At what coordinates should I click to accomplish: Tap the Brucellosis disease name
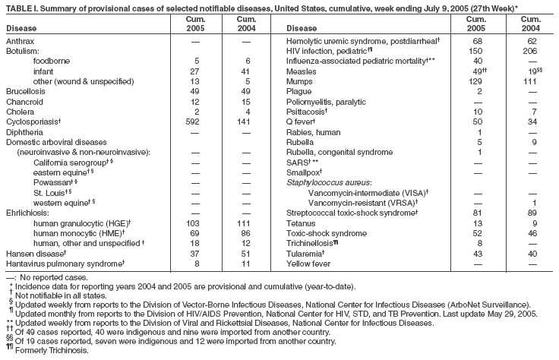pyautogui.click(x=24, y=90)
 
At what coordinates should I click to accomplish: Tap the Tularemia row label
pyautogui.click(x=305, y=254)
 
